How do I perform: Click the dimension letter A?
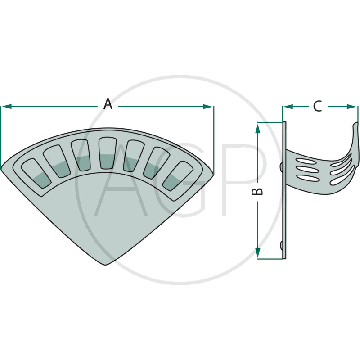click(108, 104)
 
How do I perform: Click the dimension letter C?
click(318, 106)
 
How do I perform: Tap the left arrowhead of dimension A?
click(7, 107)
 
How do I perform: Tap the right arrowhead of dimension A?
click(208, 107)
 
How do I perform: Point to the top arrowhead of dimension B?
click(257, 128)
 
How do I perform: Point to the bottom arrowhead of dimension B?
click(257, 253)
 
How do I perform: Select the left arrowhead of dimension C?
click(288, 107)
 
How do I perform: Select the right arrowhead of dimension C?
click(351, 107)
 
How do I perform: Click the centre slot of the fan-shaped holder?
click(108, 153)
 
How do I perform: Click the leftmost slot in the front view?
click(36, 173)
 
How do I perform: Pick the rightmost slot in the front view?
click(178, 175)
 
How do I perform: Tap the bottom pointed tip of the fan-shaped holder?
click(106, 265)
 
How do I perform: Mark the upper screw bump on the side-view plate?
click(281, 166)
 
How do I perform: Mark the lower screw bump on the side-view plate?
click(281, 245)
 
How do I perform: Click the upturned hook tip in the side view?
click(355, 125)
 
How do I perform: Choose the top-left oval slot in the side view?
click(305, 161)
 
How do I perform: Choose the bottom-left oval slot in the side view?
click(306, 178)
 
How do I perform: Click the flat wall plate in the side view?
click(284, 190)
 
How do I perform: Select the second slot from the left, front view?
click(57, 161)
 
